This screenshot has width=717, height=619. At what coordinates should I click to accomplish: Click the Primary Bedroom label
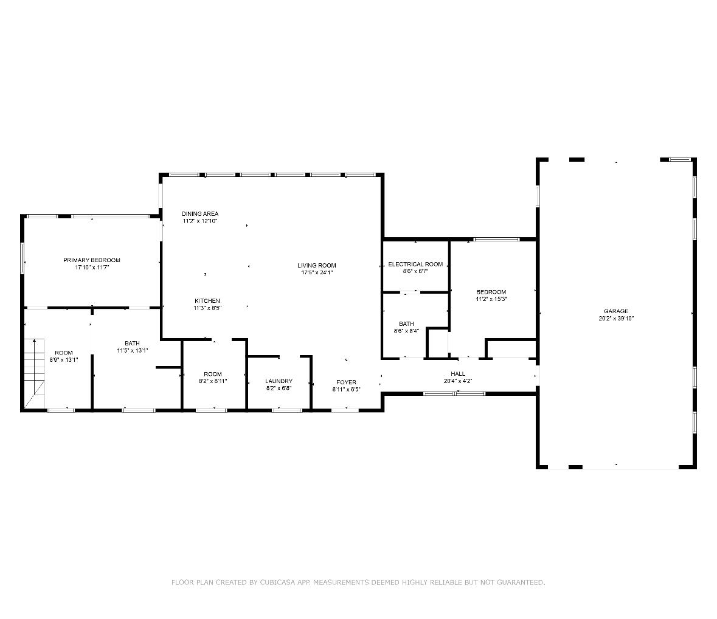click(x=92, y=260)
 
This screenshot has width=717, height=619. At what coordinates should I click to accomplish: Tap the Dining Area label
click(x=200, y=214)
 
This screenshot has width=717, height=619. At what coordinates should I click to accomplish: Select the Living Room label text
click(x=317, y=265)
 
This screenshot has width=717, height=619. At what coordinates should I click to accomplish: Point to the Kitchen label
click(x=207, y=301)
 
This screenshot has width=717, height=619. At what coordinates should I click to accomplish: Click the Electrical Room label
click(x=415, y=265)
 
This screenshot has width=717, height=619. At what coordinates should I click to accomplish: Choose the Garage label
click(x=616, y=311)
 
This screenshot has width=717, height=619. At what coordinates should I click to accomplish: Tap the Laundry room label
click(x=279, y=381)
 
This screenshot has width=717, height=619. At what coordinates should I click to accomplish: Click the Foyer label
click(x=347, y=382)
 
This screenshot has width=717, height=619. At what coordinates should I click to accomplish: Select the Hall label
click(x=458, y=374)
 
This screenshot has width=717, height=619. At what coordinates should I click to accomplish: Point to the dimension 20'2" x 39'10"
click(x=616, y=319)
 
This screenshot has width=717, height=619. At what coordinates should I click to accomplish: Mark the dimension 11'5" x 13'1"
click(x=133, y=351)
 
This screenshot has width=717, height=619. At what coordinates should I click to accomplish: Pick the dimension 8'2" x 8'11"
click(x=213, y=381)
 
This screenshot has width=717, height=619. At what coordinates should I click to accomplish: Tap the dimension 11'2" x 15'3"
click(x=491, y=299)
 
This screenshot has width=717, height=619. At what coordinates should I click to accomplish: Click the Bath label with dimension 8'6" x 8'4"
click(x=407, y=324)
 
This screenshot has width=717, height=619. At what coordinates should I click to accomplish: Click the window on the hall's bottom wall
click(x=454, y=394)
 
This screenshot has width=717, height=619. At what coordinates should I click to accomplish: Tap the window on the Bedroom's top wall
click(x=497, y=240)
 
